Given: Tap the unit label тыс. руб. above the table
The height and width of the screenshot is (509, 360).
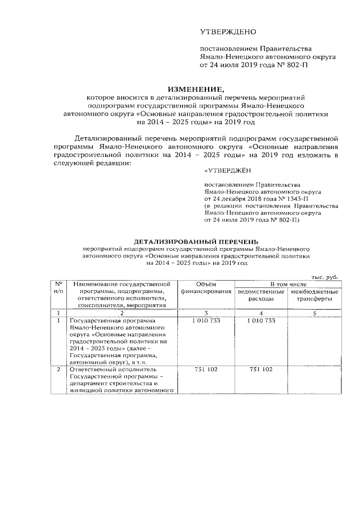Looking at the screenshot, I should click(324, 277).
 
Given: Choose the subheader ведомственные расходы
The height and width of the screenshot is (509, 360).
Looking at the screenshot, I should click(261, 296).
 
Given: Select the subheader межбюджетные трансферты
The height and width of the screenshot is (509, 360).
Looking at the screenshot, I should click(314, 296).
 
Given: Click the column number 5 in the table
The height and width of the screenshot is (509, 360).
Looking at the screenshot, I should click(314, 313).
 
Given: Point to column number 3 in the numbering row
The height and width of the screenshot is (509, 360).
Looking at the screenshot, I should click(206, 313).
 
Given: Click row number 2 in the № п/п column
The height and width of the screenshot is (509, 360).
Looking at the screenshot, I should click(58, 370).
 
